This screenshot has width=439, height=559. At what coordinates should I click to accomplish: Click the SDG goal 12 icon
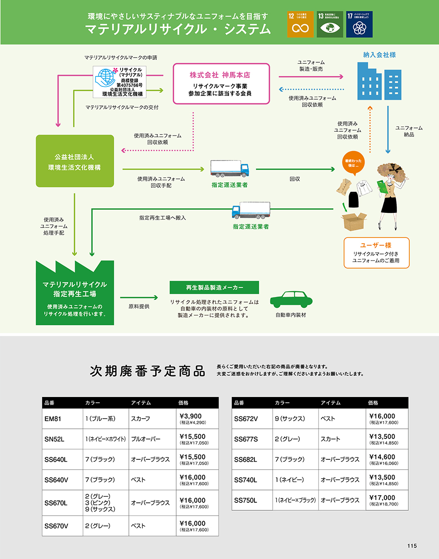click(x=300, y=25)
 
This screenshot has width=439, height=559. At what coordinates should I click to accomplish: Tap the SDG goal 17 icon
click(x=359, y=25)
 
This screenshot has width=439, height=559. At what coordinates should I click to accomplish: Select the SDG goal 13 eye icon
click(x=330, y=25)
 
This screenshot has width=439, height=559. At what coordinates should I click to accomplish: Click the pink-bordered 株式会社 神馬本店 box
click(x=222, y=84)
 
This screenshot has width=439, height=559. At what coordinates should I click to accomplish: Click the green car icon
click(x=291, y=300)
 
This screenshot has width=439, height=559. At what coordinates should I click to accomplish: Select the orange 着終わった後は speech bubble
click(x=354, y=163)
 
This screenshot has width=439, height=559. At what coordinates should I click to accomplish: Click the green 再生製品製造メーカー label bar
click(x=214, y=287)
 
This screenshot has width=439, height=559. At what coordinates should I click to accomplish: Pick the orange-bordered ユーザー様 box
click(x=376, y=253)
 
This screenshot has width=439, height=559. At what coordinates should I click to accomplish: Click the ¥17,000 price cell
click(x=387, y=500)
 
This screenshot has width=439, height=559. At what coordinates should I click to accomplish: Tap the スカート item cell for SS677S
click(x=341, y=439)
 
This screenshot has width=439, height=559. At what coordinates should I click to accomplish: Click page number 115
click(x=412, y=546)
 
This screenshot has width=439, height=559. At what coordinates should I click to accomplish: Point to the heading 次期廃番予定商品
click(x=147, y=371)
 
